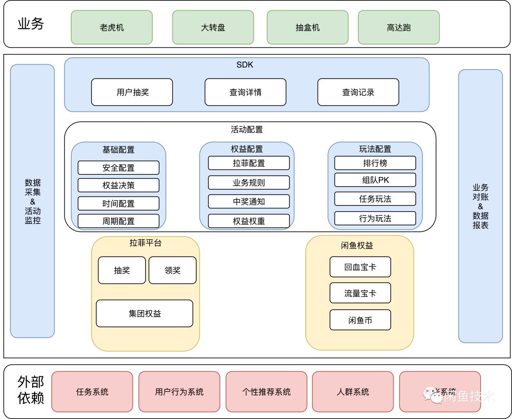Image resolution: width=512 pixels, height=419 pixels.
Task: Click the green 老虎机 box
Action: (x=111, y=27)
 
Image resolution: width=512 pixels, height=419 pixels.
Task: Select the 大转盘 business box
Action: (x=213, y=27)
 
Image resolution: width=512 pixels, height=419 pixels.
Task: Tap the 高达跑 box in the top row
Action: (x=398, y=27)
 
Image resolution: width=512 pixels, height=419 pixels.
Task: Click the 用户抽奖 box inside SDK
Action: (x=132, y=92)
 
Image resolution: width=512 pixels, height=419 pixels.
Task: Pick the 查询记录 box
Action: (x=358, y=92)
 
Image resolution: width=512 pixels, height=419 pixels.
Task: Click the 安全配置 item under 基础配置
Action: (x=119, y=168)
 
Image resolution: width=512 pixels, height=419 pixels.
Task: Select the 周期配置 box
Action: (x=119, y=221)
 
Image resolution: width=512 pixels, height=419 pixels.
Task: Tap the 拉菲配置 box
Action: (x=249, y=163)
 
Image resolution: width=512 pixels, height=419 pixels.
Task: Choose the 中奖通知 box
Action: (x=249, y=201)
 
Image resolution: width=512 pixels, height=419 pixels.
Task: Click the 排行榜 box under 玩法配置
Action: (x=375, y=163)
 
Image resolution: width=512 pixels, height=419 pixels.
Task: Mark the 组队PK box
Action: (x=375, y=180)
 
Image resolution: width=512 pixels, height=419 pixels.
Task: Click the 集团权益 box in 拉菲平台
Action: (x=145, y=313)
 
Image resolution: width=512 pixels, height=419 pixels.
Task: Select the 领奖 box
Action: (x=173, y=270)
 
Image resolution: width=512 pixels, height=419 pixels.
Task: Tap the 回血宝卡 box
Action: (x=360, y=267)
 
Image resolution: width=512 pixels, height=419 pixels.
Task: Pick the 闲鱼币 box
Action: (x=360, y=320)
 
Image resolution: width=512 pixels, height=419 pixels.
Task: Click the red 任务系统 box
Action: (x=92, y=392)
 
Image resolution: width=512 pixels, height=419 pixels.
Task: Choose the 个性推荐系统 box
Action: (x=266, y=392)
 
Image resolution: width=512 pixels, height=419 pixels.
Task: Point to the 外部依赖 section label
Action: (x=31, y=390)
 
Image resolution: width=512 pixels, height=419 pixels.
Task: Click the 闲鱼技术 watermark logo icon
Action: (x=432, y=394)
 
